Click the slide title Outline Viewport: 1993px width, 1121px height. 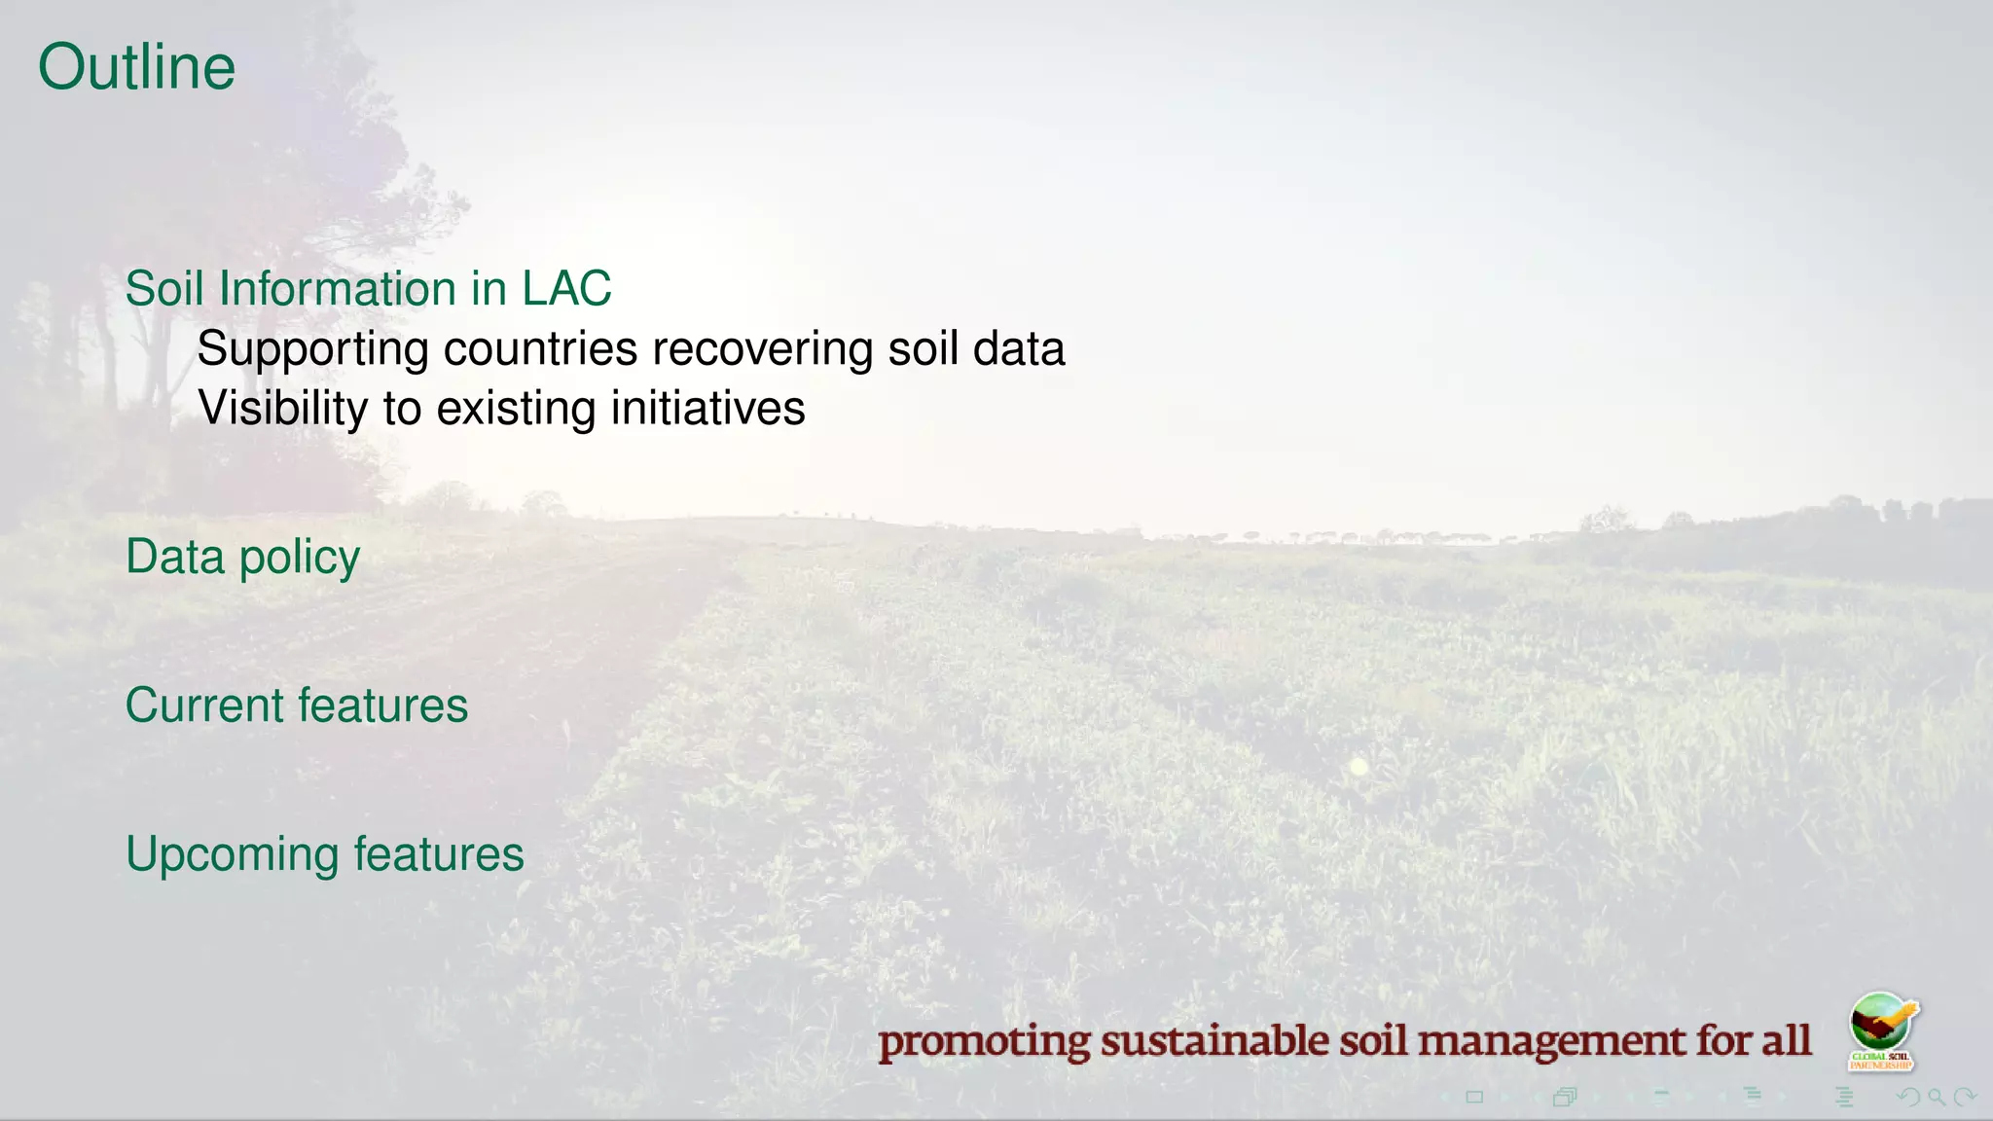click(136, 67)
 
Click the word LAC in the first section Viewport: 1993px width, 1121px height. click(566, 289)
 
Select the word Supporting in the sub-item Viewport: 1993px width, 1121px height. click(312, 350)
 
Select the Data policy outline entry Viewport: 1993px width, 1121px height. click(242, 558)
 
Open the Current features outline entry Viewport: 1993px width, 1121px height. click(296, 705)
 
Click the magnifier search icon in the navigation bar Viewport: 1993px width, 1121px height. click(1937, 1098)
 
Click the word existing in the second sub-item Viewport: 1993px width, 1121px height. click(516, 408)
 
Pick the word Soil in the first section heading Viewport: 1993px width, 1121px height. click(166, 289)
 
